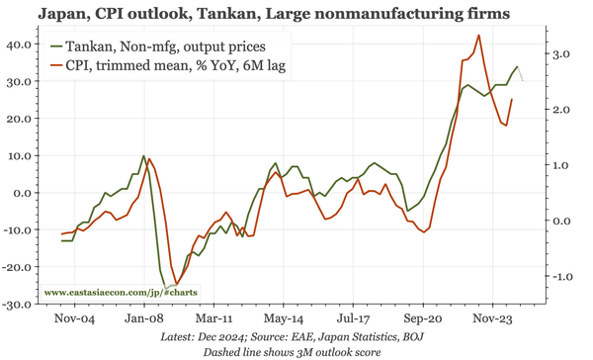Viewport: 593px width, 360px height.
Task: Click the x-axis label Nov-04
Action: click(x=74, y=319)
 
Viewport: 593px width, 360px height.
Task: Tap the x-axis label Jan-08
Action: click(x=144, y=319)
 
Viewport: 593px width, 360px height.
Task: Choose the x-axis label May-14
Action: click(x=285, y=319)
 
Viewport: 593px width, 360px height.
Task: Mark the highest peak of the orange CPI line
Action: click(x=478, y=36)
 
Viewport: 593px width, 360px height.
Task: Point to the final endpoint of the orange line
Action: click(x=511, y=99)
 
